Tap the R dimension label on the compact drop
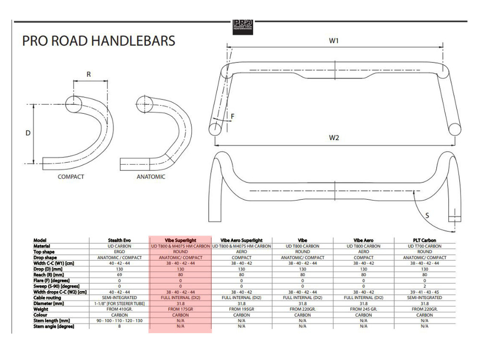[x=89, y=74]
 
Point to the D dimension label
[x=28, y=133]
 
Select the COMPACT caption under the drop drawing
[x=71, y=177]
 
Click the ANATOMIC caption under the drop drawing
[x=151, y=177]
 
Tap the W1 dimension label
[x=334, y=41]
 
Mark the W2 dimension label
[x=334, y=138]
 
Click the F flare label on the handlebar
[x=232, y=116]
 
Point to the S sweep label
[x=427, y=216]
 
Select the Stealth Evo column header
[x=120, y=240]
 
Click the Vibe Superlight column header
[x=180, y=240]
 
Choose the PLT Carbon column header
[x=424, y=240]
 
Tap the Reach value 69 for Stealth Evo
[x=120, y=275]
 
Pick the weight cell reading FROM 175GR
[x=180, y=309]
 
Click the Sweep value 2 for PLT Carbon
[x=424, y=286]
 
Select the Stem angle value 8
[x=120, y=326]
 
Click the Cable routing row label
[x=48, y=298]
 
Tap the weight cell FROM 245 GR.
[x=363, y=309]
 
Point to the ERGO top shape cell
[x=120, y=252]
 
